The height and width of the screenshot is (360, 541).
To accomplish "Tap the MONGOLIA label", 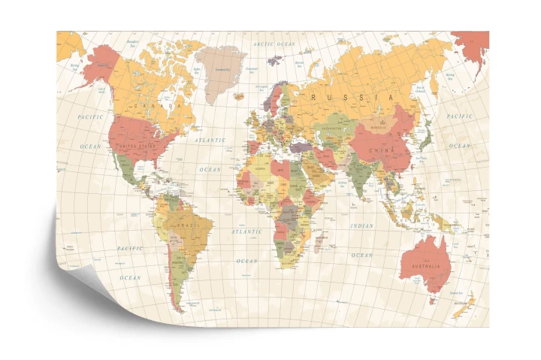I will pos(379,128).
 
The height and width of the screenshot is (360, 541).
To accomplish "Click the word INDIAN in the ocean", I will pos(361,225).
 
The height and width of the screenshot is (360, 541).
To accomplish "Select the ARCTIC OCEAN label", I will pos(274,45).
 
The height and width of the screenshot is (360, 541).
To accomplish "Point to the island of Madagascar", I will pos(319,244).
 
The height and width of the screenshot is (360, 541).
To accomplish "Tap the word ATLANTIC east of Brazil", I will pos(247,232).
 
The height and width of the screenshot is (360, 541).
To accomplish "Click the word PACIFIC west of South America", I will pos(130,247).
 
